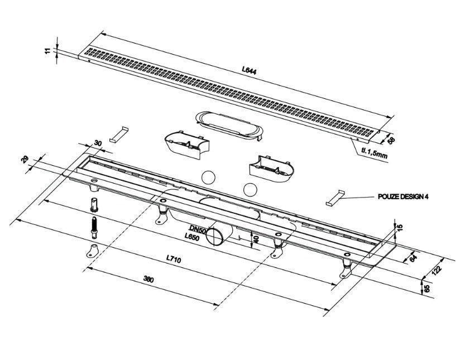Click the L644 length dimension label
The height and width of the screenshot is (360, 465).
[249, 70]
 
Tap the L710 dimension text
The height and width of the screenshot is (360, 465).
[173, 260]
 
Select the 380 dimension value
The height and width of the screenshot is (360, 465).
[148, 279]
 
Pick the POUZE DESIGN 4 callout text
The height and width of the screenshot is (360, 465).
[403, 196]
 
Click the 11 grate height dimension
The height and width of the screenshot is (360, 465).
[47, 51]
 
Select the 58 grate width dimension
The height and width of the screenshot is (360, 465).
[391, 140]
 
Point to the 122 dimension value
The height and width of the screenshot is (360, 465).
[437, 271]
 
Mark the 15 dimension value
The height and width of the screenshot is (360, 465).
[400, 228]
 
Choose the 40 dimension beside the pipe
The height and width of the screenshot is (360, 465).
[257, 239]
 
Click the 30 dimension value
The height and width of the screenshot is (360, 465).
[98, 143]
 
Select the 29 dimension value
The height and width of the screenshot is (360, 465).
[26, 160]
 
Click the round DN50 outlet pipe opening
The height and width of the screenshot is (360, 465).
[214, 236]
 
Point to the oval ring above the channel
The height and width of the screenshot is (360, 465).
[229, 124]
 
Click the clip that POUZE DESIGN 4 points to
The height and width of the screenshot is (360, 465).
[335, 198]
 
